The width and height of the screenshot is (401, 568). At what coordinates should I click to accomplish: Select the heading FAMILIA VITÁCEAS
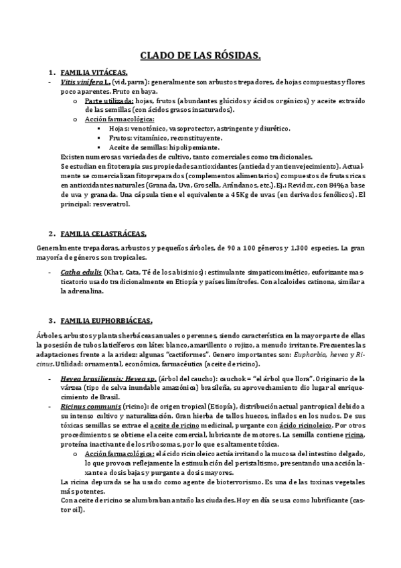coord(94,72)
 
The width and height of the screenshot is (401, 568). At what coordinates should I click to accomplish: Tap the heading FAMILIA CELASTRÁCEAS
coord(104,233)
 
